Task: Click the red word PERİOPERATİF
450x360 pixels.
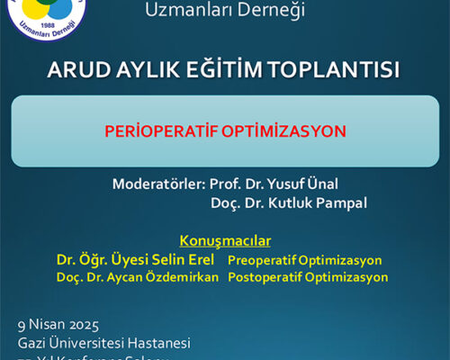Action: click(x=168, y=130)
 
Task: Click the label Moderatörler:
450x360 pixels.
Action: click(x=158, y=184)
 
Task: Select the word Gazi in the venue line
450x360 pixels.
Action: click(x=31, y=343)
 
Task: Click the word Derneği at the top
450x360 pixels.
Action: click(x=267, y=12)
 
